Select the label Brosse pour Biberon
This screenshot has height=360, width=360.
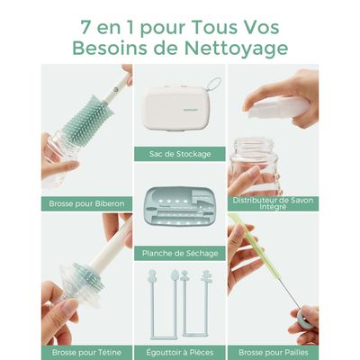(x=86, y=203)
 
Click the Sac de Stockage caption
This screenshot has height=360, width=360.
(x=180, y=154)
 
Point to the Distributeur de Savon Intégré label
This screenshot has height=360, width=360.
(x=273, y=203)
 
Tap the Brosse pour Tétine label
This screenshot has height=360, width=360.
(x=86, y=352)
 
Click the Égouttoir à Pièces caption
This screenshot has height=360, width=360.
(x=180, y=352)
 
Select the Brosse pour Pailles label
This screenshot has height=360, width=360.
(x=273, y=352)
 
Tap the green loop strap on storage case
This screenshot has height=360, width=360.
(x=214, y=85)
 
